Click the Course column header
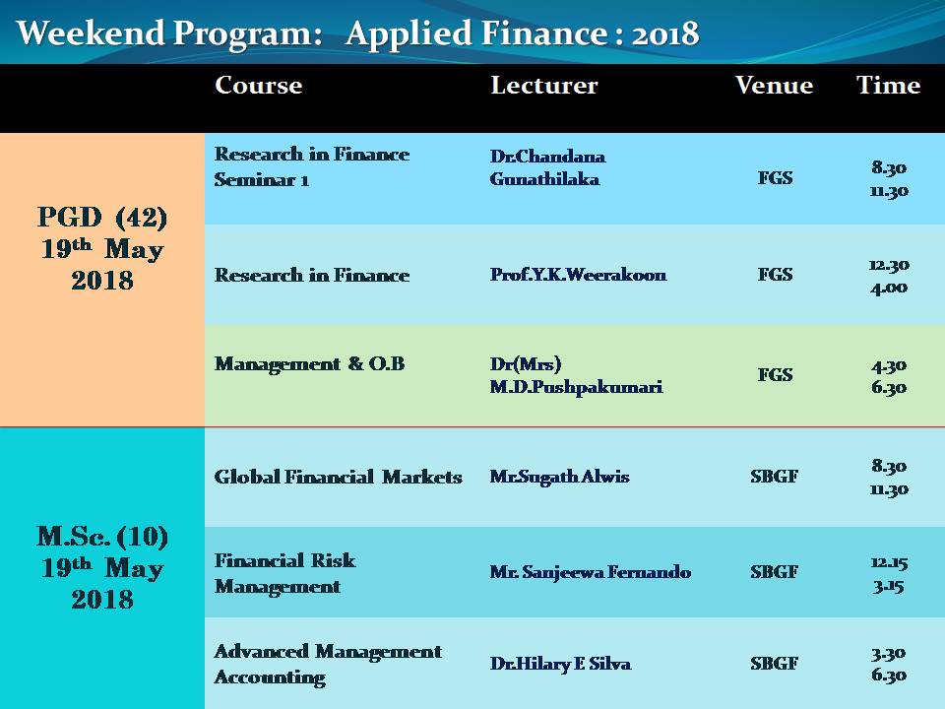pyautogui.click(x=259, y=85)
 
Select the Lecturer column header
pyautogui.click(x=544, y=85)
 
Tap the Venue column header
pyautogui.click(x=774, y=85)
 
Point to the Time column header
pyautogui.click(x=888, y=85)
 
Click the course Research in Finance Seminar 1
pyautogui.click(x=312, y=167)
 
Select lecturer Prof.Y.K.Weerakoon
pyautogui.click(x=578, y=275)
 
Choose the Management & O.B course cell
pyautogui.click(x=309, y=363)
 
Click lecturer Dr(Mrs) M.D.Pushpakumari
pyautogui.click(x=576, y=375)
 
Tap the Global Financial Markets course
pyautogui.click(x=338, y=477)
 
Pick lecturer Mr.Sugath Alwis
pyautogui.click(x=559, y=477)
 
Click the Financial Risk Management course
pyautogui.click(x=284, y=573)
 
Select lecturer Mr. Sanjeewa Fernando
pyautogui.click(x=590, y=571)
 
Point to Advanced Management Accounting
pyautogui.click(x=328, y=665)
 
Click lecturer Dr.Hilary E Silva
pyautogui.click(x=560, y=663)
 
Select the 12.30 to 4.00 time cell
pyautogui.click(x=889, y=276)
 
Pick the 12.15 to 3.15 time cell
pyautogui.click(x=889, y=574)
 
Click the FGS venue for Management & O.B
pyautogui.click(x=775, y=375)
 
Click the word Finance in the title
pyautogui.click(x=543, y=32)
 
